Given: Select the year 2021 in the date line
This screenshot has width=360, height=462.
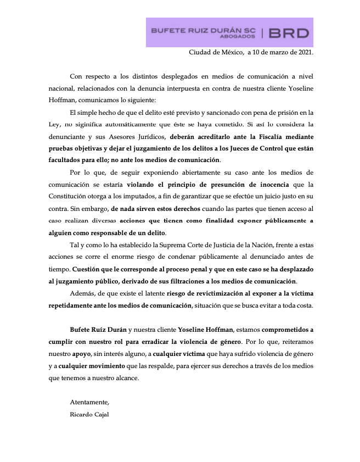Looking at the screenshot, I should coord(303,53).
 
